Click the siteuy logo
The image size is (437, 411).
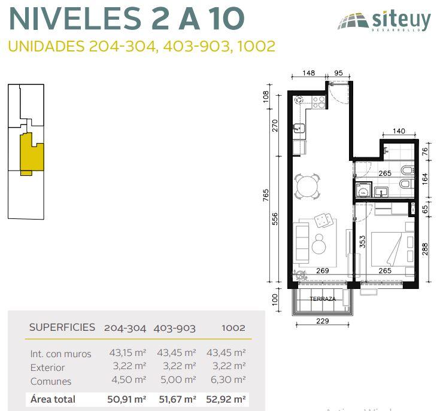(x=384, y=20)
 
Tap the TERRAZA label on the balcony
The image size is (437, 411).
(x=323, y=299)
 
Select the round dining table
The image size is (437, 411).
(x=307, y=186)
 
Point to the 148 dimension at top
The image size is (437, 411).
(x=308, y=73)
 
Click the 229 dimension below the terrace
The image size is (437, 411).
(x=323, y=321)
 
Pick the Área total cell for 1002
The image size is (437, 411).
(x=226, y=399)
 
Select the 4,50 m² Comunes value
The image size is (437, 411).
(x=129, y=379)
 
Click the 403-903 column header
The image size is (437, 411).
(x=174, y=328)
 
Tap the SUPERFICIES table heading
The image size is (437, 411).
(x=62, y=327)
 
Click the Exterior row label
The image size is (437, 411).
(x=48, y=367)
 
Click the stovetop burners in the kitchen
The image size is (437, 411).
(x=318, y=102)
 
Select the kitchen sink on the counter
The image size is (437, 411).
(x=299, y=128)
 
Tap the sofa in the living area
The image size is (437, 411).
(x=302, y=243)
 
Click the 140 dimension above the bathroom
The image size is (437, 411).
(x=399, y=131)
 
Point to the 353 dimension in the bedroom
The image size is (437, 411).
(x=362, y=242)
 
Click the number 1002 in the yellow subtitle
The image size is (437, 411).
(x=256, y=46)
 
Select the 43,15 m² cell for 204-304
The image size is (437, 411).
(x=128, y=353)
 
